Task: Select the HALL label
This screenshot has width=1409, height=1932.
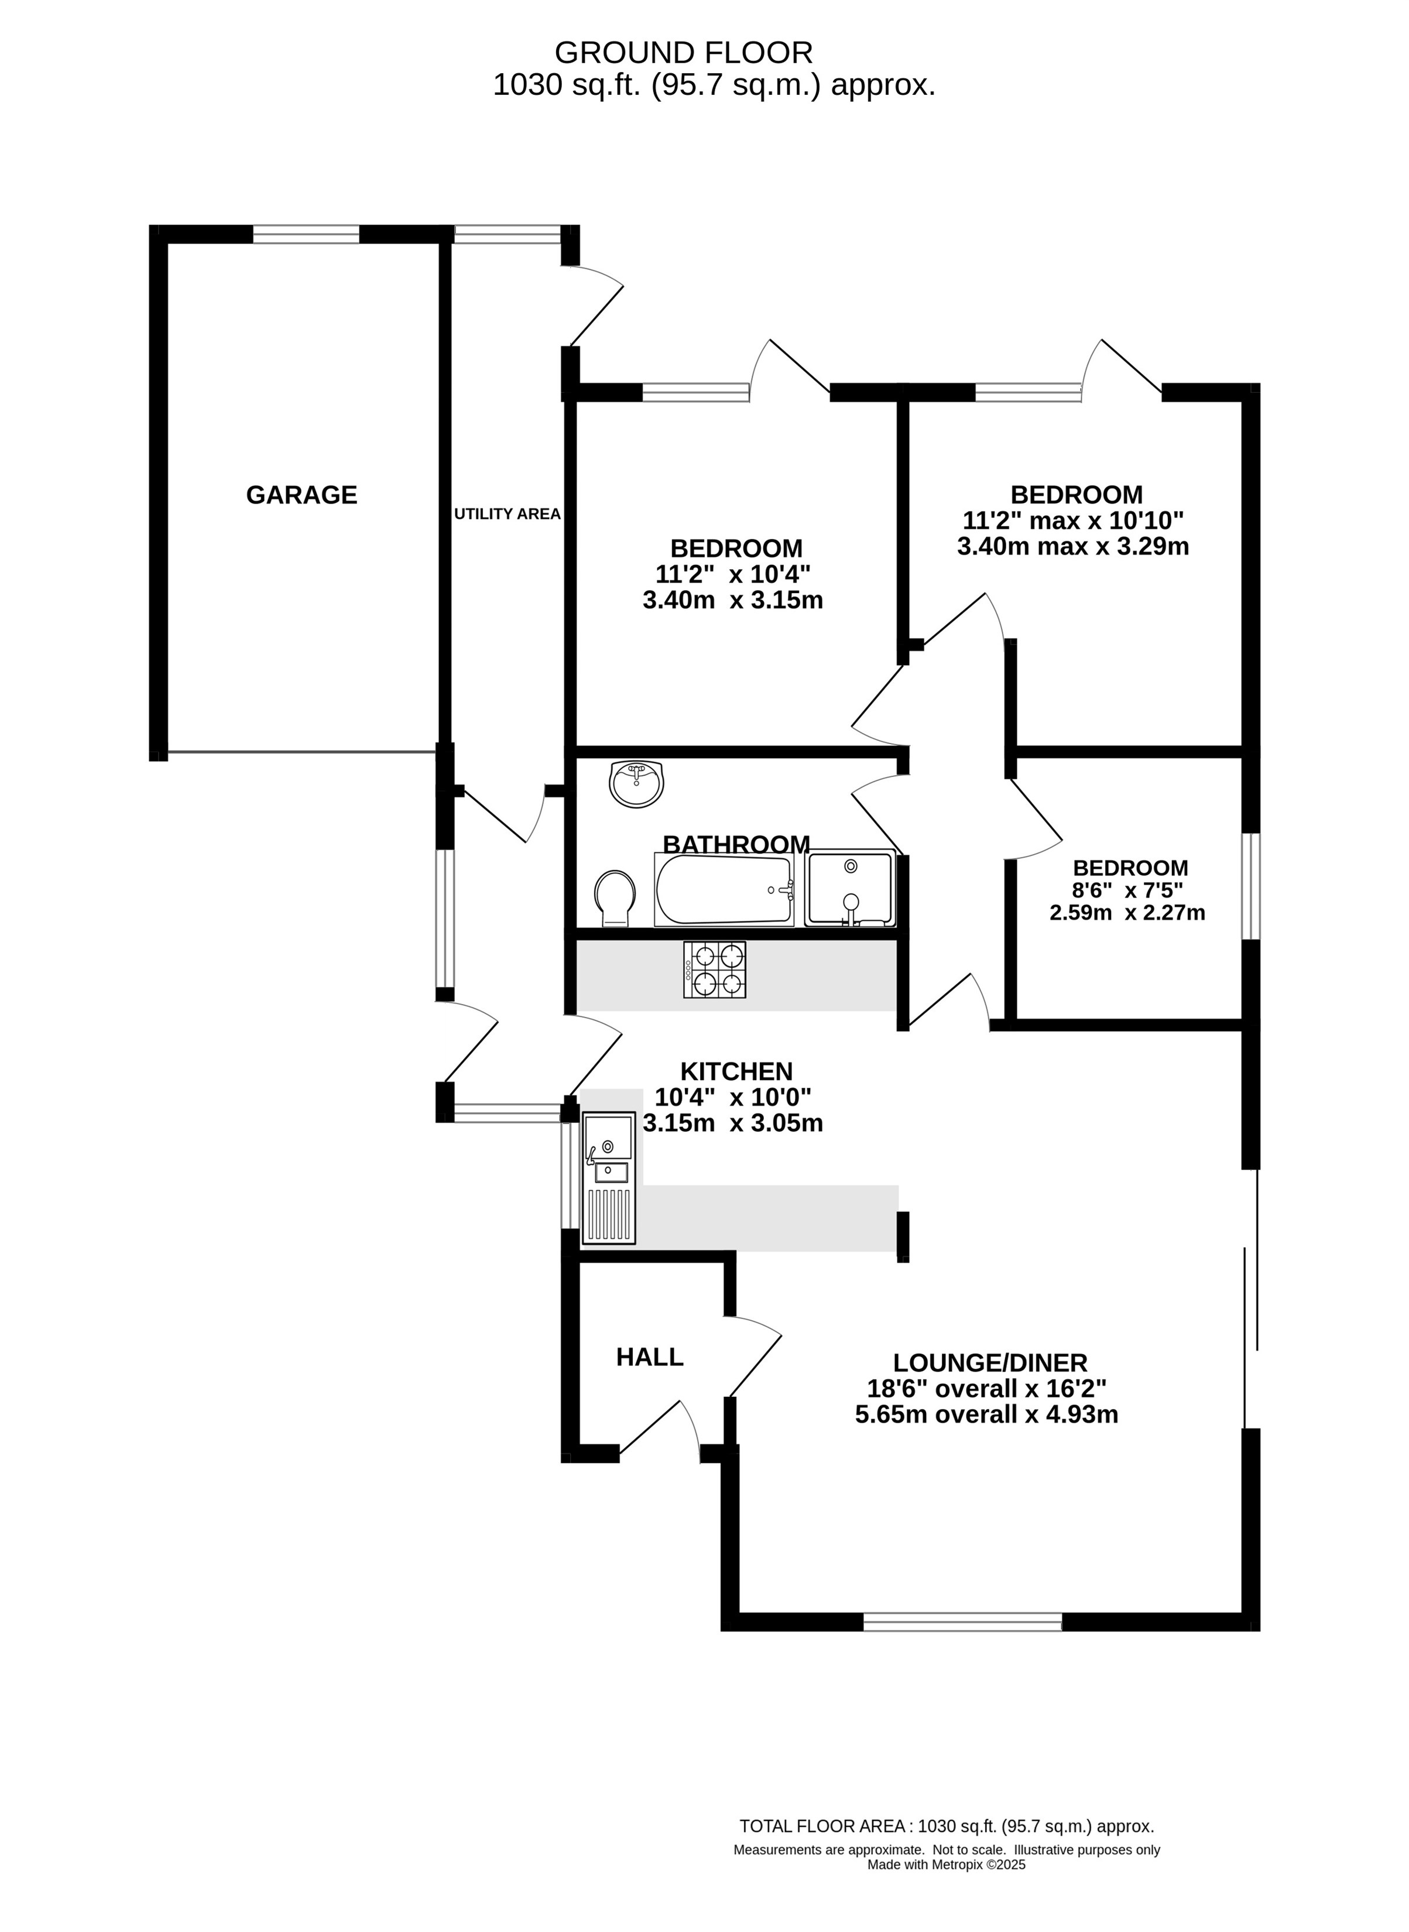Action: [650, 1356]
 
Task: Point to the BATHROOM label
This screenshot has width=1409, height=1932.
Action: [736, 844]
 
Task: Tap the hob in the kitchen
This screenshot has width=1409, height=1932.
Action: [715, 970]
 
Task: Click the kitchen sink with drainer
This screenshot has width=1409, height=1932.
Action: [609, 1178]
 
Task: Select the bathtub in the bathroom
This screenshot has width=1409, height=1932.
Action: [724, 890]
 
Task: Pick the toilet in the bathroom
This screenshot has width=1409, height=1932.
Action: [614, 898]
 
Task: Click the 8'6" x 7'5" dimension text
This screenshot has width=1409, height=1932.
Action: [1129, 890]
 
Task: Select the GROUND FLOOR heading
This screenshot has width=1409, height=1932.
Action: [684, 53]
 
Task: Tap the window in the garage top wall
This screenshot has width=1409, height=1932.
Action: [306, 234]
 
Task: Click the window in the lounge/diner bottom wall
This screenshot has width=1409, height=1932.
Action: [963, 1622]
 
